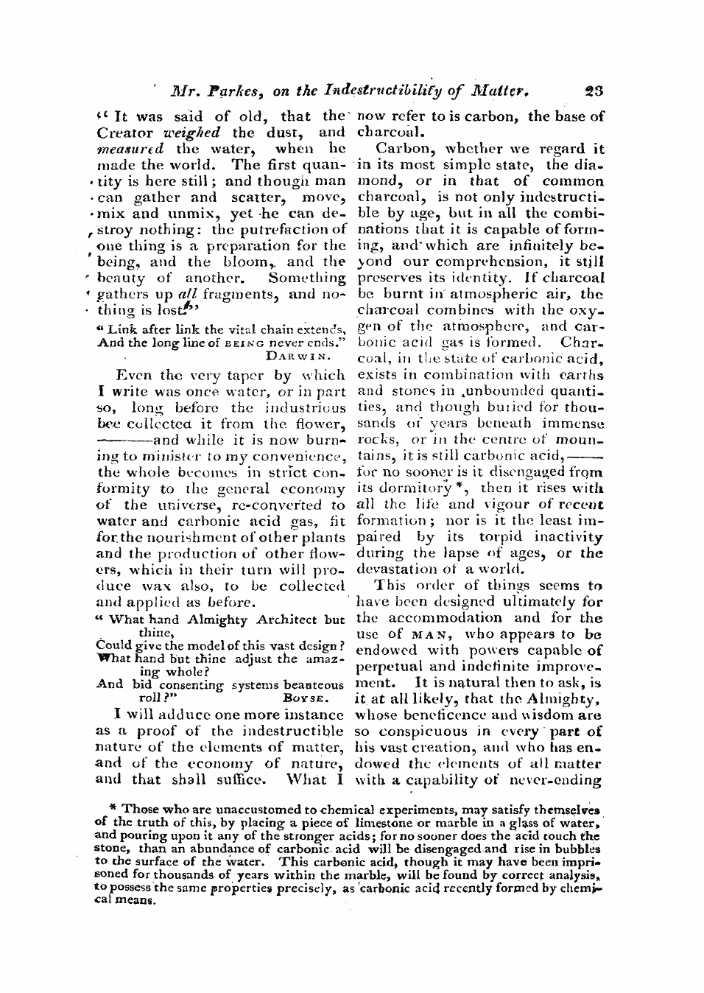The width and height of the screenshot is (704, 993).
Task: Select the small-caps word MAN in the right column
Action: pyautogui.click(x=426, y=634)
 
